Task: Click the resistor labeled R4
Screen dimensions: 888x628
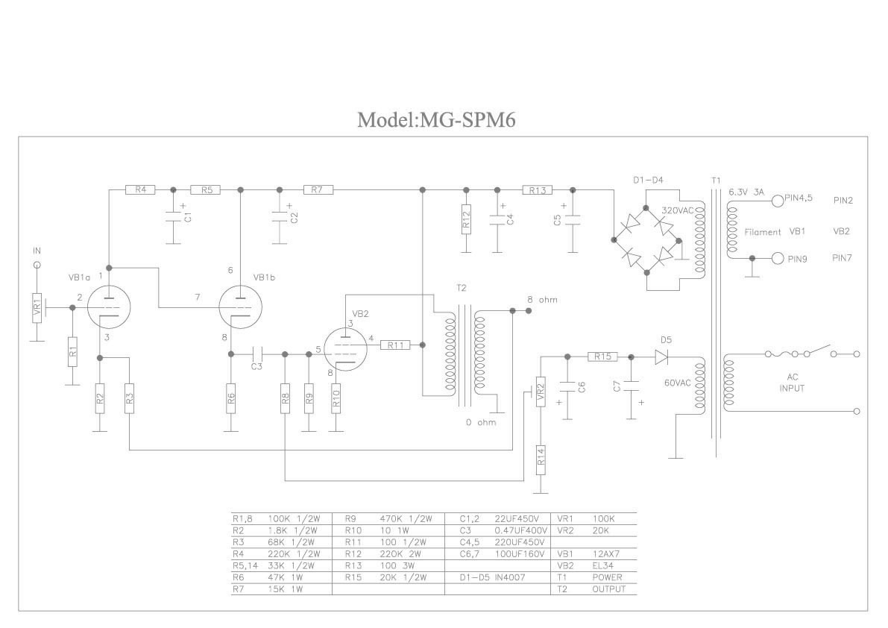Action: (x=140, y=189)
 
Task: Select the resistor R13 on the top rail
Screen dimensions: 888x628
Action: (x=538, y=190)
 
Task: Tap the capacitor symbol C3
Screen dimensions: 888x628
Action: (x=257, y=354)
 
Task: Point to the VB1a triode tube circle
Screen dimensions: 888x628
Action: (x=110, y=307)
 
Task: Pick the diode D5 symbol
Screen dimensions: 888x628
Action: (x=661, y=357)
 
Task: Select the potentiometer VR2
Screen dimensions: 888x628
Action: (x=541, y=392)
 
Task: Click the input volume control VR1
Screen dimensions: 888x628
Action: (x=37, y=307)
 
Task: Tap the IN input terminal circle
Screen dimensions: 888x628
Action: (x=37, y=265)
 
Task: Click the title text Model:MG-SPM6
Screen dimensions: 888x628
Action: (x=436, y=119)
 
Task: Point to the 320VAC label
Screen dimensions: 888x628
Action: (x=677, y=210)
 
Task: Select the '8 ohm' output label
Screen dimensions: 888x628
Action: (x=542, y=300)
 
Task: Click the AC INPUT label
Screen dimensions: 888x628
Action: (x=792, y=383)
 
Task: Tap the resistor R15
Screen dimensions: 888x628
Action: (x=603, y=357)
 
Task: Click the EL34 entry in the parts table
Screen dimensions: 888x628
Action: (x=603, y=565)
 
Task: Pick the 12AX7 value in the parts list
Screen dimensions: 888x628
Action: (x=606, y=554)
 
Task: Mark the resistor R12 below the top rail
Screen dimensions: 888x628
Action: (x=466, y=219)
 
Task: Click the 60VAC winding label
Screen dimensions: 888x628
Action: (x=677, y=383)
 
